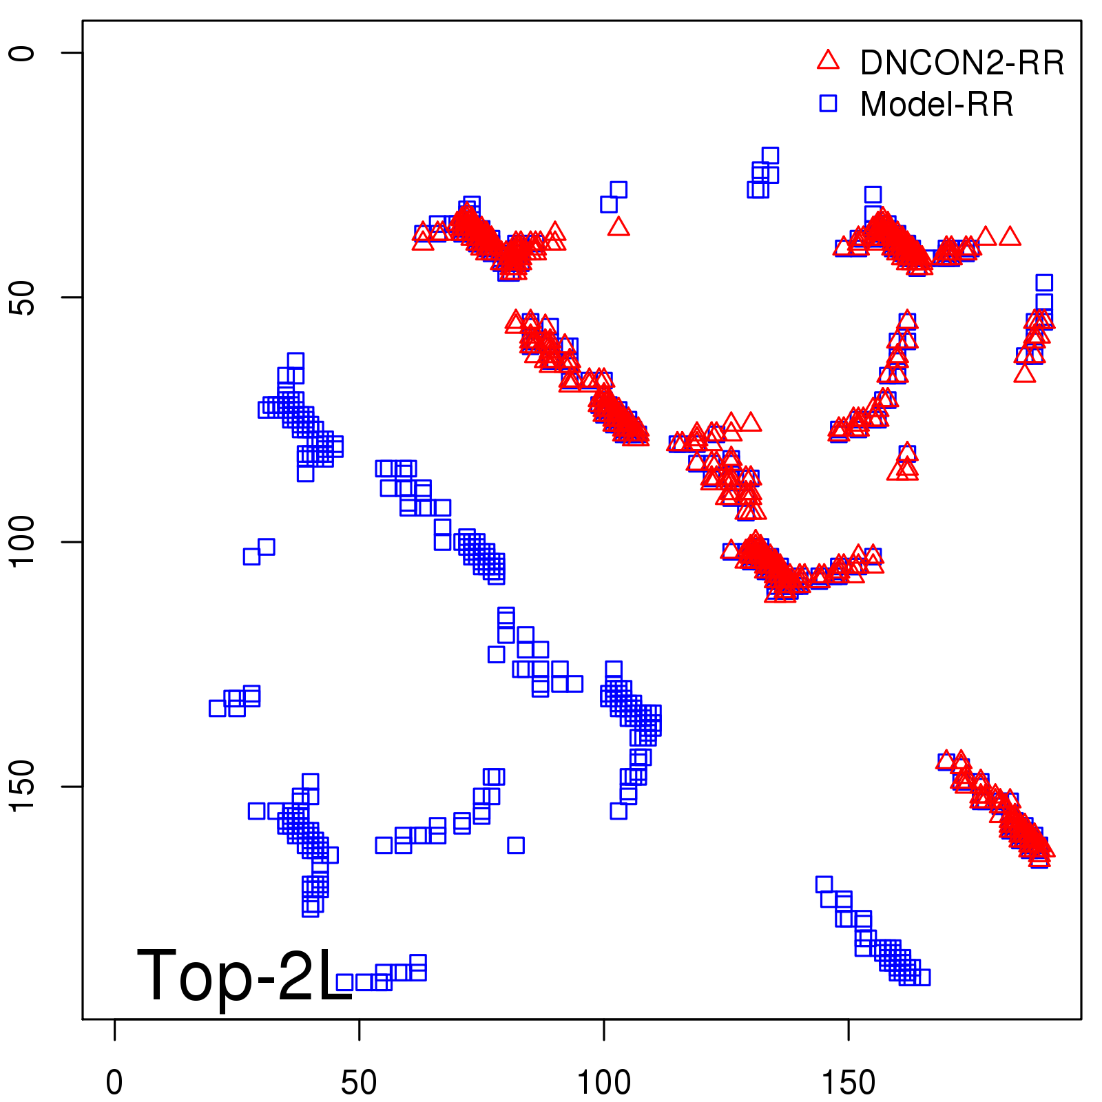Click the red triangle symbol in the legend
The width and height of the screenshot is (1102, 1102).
(x=828, y=61)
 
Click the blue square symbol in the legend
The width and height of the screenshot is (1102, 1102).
(x=828, y=103)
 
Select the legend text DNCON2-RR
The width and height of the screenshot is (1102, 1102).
(x=961, y=63)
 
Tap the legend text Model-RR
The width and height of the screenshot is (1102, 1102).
(x=937, y=105)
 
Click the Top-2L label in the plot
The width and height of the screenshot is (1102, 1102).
(x=245, y=975)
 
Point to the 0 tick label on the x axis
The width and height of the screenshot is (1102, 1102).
(x=114, y=1083)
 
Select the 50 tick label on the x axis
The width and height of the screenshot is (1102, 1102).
(x=359, y=1083)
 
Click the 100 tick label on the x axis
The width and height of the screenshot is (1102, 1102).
(x=603, y=1083)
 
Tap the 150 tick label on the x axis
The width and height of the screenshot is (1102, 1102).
(x=848, y=1083)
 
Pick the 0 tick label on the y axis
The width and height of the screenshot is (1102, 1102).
(x=22, y=53)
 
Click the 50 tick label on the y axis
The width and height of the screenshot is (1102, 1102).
(x=22, y=298)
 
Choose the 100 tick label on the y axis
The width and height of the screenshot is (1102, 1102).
(x=22, y=542)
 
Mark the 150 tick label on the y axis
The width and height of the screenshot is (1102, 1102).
(x=22, y=787)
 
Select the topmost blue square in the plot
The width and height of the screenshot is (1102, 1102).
(x=770, y=156)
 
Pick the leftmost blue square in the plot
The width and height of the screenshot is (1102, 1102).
(x=218, y=708)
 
